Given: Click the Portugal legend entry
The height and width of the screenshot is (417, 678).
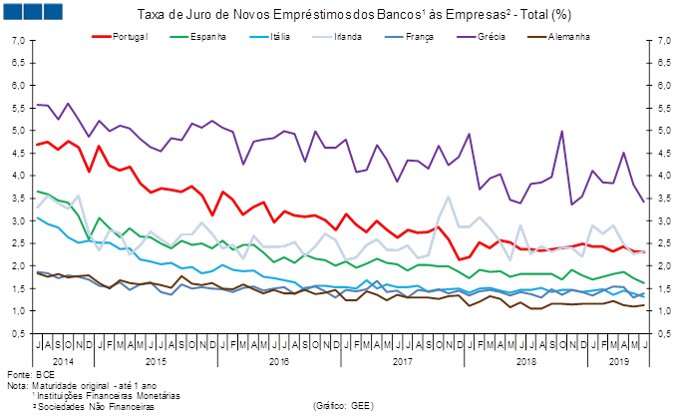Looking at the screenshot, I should (x=131, y=37).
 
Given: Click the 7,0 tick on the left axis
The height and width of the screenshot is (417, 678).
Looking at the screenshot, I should (x=18, y=41).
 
